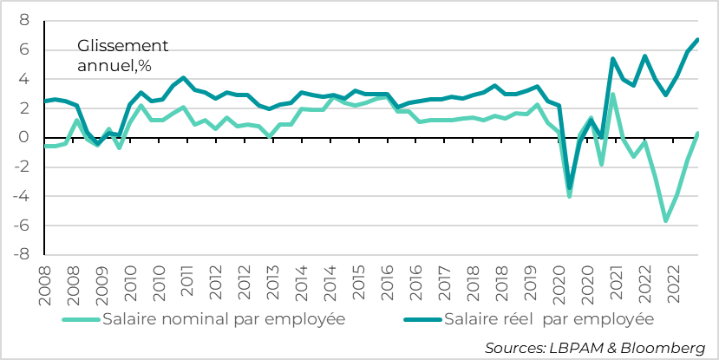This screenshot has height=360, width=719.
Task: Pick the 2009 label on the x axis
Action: pos(102,282)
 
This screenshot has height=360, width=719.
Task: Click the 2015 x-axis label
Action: pos(357,282)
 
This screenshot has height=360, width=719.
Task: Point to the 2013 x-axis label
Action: pos(272,282)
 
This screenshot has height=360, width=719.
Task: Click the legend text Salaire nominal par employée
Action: pos(224,319)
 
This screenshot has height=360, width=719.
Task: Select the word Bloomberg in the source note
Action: pos(663,347)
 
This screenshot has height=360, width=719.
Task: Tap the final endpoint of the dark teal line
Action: pos(698,40)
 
